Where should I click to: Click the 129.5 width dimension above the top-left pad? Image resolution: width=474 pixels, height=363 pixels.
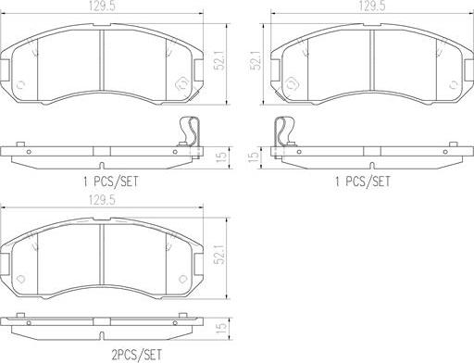coord(102,6)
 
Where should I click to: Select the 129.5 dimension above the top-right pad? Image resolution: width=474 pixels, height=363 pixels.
coord(372,6)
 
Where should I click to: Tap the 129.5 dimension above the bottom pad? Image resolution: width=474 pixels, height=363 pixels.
coord(102,201)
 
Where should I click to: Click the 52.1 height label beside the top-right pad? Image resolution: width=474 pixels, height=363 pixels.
coord(256,60)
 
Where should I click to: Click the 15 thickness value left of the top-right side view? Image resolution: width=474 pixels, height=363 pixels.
coord(254,157)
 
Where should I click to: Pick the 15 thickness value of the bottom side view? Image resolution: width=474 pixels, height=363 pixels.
coord(221,328)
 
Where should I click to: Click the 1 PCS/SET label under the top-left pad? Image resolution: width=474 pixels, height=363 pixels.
coord(111,181)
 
